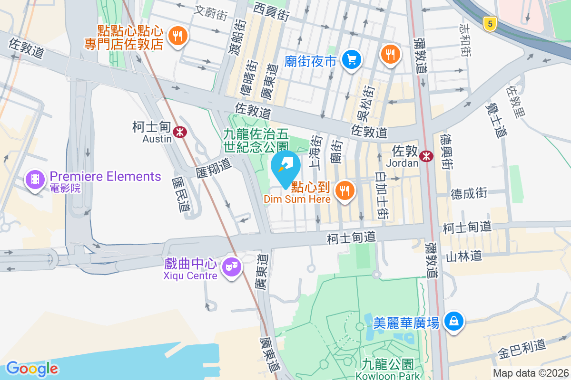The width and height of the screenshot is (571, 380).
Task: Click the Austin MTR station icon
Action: click(179, 132)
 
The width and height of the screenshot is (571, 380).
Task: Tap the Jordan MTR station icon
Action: click(426, 155)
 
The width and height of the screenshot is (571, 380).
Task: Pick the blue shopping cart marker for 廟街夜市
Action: click(352, 60)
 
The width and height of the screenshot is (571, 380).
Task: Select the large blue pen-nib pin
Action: click(285, 167)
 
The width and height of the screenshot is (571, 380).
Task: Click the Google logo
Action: click(32, 369)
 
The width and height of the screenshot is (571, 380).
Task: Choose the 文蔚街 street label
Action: click(211, 12)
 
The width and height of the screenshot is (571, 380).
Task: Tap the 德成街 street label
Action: click(469, 193)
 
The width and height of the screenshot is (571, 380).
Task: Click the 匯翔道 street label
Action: click(213, 166)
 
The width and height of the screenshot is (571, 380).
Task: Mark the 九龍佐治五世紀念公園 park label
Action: click(256, 141)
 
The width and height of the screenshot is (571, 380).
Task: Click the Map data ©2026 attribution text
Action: click(530, 373)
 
